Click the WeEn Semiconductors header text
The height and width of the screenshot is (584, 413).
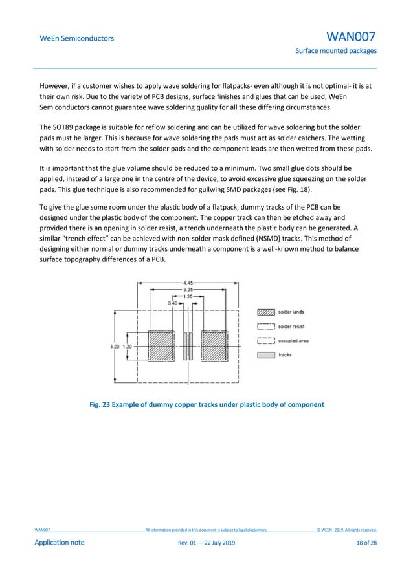76,38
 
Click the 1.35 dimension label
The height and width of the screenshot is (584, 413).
188,296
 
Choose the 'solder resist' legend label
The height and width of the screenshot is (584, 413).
293,326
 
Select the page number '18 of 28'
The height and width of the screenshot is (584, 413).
366,543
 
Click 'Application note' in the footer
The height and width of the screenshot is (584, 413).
59,543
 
